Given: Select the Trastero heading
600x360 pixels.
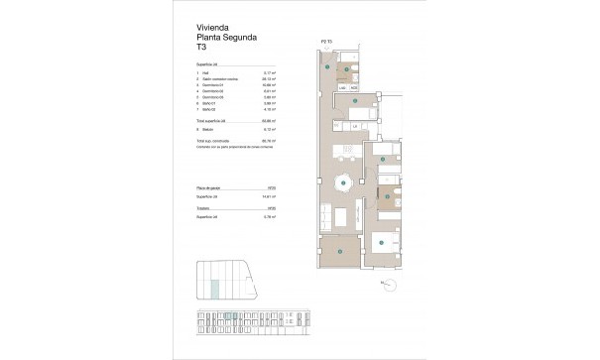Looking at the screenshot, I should (208, 209).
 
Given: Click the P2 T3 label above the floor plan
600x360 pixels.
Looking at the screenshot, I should (324, 42).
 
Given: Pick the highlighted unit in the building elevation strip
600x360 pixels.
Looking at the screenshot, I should (229, 317).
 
